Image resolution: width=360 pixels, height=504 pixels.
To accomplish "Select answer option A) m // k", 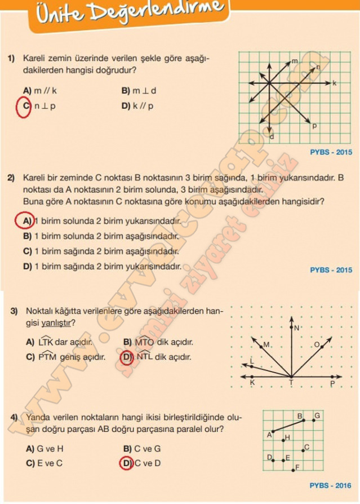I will tap(40, 90).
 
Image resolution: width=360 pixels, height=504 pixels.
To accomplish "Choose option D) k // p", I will tap(137, 106).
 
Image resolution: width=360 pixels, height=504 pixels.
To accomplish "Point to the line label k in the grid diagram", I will tap(334, 83).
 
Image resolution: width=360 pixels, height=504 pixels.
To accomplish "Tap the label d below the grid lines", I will tap(272, 137).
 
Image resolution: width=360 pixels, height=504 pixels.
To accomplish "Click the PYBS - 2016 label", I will tap(330, 485).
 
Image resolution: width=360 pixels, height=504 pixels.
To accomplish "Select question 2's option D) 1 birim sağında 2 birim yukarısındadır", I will tap(102, 266).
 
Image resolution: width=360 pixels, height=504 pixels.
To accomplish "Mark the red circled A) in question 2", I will tap(25, 220).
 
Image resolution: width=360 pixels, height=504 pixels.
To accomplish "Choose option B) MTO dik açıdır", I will tap(158, 342).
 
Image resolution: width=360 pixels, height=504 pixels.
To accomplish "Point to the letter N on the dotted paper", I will tap(296, 328).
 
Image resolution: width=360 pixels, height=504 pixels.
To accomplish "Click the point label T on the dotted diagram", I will tap(291, 383).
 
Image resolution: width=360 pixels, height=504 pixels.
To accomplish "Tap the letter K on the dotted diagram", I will tap(252, 383).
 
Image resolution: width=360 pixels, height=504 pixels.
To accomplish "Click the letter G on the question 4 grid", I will tap(317, 415).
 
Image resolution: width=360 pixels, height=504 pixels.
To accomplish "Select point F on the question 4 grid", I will tap(298, 467).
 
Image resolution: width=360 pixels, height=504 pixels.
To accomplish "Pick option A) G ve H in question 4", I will tap(45, 449).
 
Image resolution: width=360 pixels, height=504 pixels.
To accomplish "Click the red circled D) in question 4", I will tap(126, 463).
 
